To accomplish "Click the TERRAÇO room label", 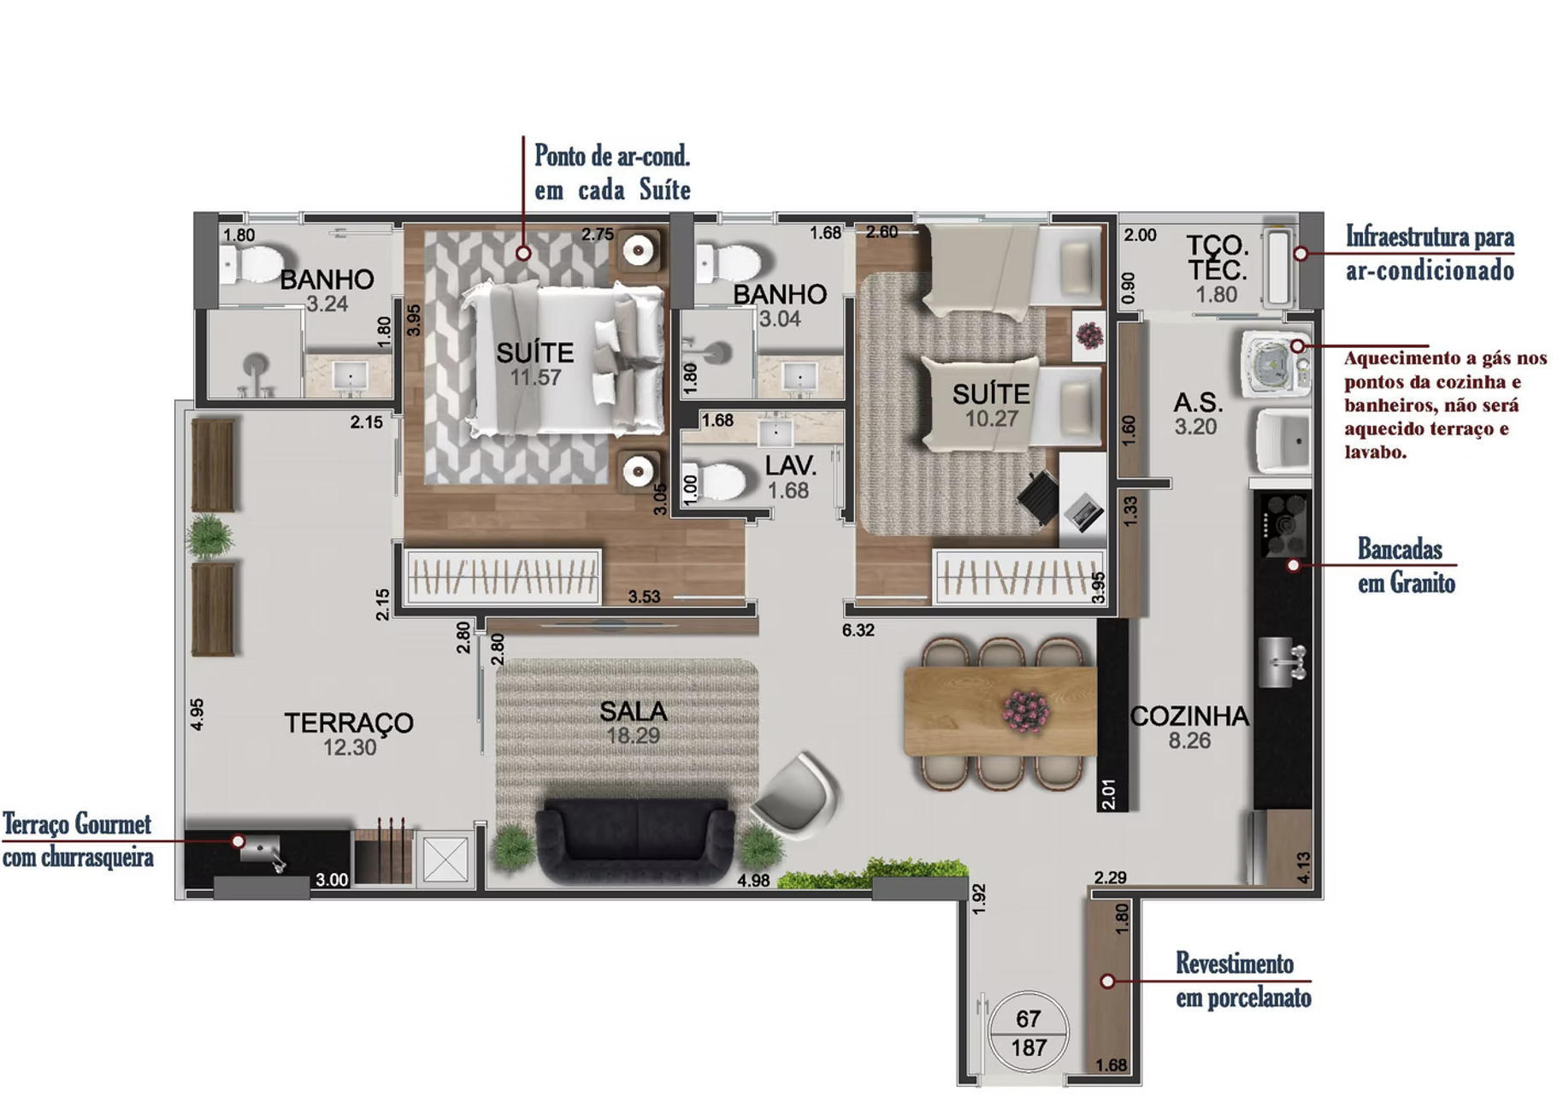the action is tap(349, 722).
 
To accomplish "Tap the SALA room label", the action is tap(633, 711).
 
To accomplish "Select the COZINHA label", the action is tap(1189, 716).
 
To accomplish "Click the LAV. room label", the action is tap(790, 466).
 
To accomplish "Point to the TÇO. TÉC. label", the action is tap(1217, 259).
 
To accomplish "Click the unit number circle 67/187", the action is tap(1029, 1033).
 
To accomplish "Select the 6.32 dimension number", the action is tap(858, 631).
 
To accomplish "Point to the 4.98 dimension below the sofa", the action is tap(753, 881).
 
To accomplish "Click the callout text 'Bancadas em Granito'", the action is tap(1407, 566).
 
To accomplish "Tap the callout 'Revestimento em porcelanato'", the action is tap(1243, 981).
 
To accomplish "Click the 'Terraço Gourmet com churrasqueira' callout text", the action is tap(78, 841).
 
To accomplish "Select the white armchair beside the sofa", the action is tap(797, 791).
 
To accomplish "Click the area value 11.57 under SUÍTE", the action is tap(535, 377).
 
